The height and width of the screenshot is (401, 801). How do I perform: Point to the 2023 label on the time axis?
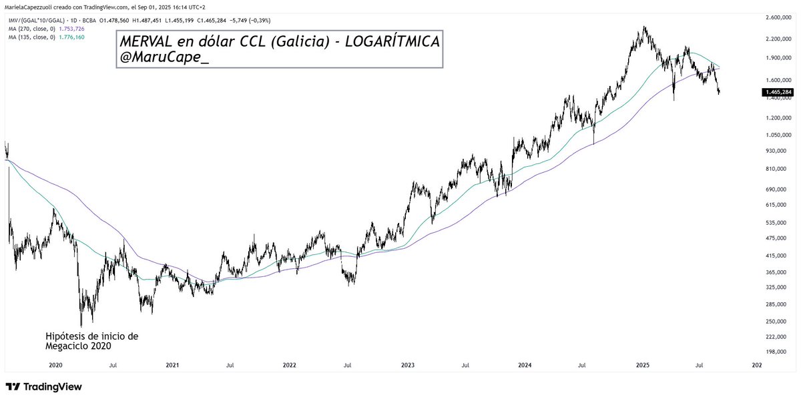[x=407, y=365]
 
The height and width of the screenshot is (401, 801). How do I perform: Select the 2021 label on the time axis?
[x=172, y=365]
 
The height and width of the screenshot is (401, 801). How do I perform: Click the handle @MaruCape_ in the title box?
[x=164, y=58]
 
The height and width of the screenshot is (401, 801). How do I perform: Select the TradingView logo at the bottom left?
[x=43, y=387]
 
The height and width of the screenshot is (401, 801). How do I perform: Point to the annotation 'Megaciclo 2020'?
[x=77, y=346]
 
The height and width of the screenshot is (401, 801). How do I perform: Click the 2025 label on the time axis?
[x=642, y=365]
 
